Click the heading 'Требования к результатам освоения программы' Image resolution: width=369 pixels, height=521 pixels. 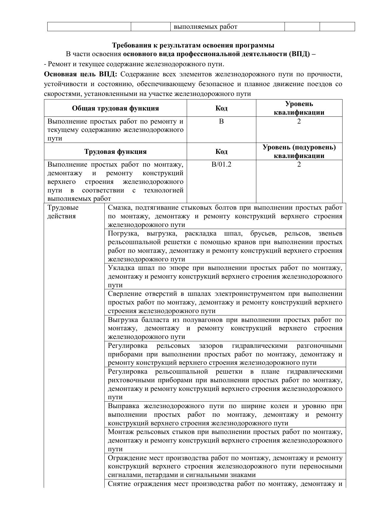click(193, 45)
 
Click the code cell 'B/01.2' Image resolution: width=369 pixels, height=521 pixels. click(221, 164)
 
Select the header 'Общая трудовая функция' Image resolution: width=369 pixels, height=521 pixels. click(115, 108)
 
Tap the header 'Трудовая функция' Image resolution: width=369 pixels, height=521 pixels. click(115, 151)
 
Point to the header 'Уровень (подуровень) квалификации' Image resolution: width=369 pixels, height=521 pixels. click(299, 151)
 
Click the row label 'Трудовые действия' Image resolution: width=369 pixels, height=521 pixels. click(63, 212)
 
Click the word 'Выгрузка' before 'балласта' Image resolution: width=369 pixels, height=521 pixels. click(123, 320)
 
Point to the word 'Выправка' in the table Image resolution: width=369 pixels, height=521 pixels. click(123, 406)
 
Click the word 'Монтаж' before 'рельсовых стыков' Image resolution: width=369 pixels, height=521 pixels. click(120, 432)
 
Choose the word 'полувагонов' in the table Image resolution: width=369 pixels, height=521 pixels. click(203, 320)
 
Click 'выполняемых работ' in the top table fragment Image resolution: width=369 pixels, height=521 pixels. click(205, 27)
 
